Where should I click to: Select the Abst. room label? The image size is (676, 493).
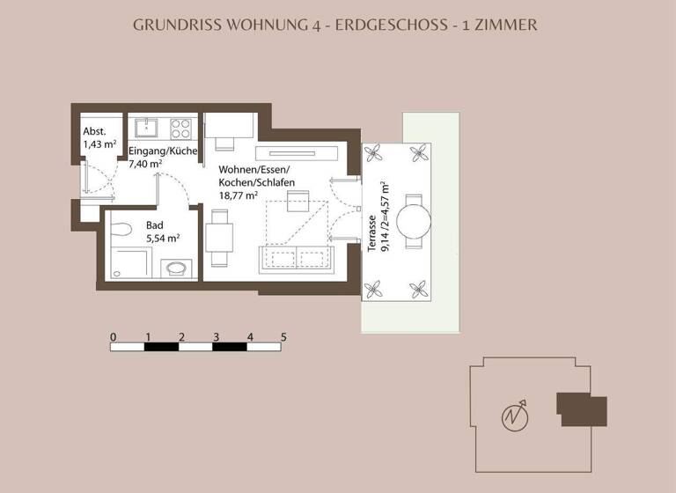tap(94, 131)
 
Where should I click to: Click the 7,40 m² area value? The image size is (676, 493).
tap(145, 164)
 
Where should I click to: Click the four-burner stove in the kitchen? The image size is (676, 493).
tap(180, 129)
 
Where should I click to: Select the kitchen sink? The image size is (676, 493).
tap(144, 129)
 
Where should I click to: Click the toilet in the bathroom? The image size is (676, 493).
tap(176, 266)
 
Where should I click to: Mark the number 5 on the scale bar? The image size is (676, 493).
tap(283, 336)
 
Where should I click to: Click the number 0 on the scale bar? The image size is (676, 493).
tap(113, 336)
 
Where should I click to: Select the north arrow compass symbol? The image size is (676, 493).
tap(513, 414)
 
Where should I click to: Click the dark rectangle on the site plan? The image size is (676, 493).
tap(582, 409)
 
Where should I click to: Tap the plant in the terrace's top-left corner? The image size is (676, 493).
tap(377, 152)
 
